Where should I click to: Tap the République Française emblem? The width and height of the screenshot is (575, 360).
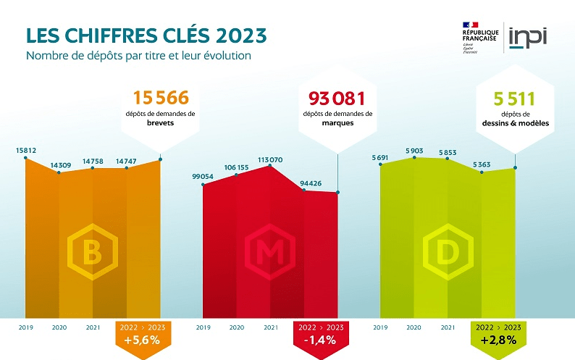tap(479, 37)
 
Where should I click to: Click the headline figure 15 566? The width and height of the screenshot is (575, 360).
tap(161, 98)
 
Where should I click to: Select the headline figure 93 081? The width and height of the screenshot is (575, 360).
tap(337, 98)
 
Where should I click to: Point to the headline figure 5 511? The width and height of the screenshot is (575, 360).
tap(513, 98)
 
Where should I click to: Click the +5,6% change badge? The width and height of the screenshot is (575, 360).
tap(143, 336)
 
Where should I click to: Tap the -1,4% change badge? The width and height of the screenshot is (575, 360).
tap(319, 336)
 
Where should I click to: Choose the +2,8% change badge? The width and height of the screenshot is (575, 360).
tap(498, 336)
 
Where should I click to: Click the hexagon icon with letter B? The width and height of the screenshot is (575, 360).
tap(93, 252)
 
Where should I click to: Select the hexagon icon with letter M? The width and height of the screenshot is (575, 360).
tap(269, 252)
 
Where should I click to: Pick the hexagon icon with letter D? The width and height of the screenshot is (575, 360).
tap(448, 252)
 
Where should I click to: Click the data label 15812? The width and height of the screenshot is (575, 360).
tap(26, 151)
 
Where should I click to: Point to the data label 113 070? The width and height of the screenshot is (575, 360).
tap(270, 159)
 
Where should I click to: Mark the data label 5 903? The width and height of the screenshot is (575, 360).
tap(414, 150)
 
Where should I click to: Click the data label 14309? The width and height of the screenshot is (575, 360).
tap(59, 166)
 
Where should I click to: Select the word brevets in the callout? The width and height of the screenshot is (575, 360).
tap(160, 124)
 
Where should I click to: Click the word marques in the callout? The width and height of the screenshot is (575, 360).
tap(337, 123)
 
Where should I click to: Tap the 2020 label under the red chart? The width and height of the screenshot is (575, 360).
tap(237, 327)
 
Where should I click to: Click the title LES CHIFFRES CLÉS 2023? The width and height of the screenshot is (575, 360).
tap(146, 35)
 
